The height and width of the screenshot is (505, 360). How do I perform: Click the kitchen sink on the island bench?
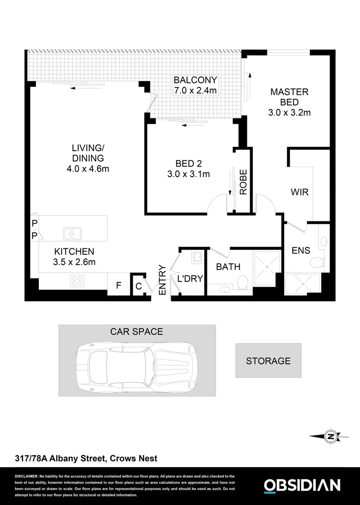(x=72, y=232)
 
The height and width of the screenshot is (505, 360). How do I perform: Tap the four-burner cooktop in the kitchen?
(x=77, y=281)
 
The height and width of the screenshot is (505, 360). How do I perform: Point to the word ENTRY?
(x=162, y=280)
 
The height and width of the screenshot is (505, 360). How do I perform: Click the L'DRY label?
(x=190, y=279)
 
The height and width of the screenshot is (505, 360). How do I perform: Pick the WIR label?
(x=299, y=192)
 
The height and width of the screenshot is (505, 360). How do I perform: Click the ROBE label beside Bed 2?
(x=243, y=181)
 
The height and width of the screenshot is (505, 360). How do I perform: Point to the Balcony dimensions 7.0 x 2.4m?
(x=195, y=90)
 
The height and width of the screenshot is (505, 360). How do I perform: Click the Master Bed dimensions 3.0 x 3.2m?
(x=289, y=113)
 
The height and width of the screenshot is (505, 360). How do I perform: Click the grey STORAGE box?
(x=268, y=361)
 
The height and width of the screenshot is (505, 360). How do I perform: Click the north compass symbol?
(x=331, y=436)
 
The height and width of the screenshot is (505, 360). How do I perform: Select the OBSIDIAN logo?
(x=302, y=485)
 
